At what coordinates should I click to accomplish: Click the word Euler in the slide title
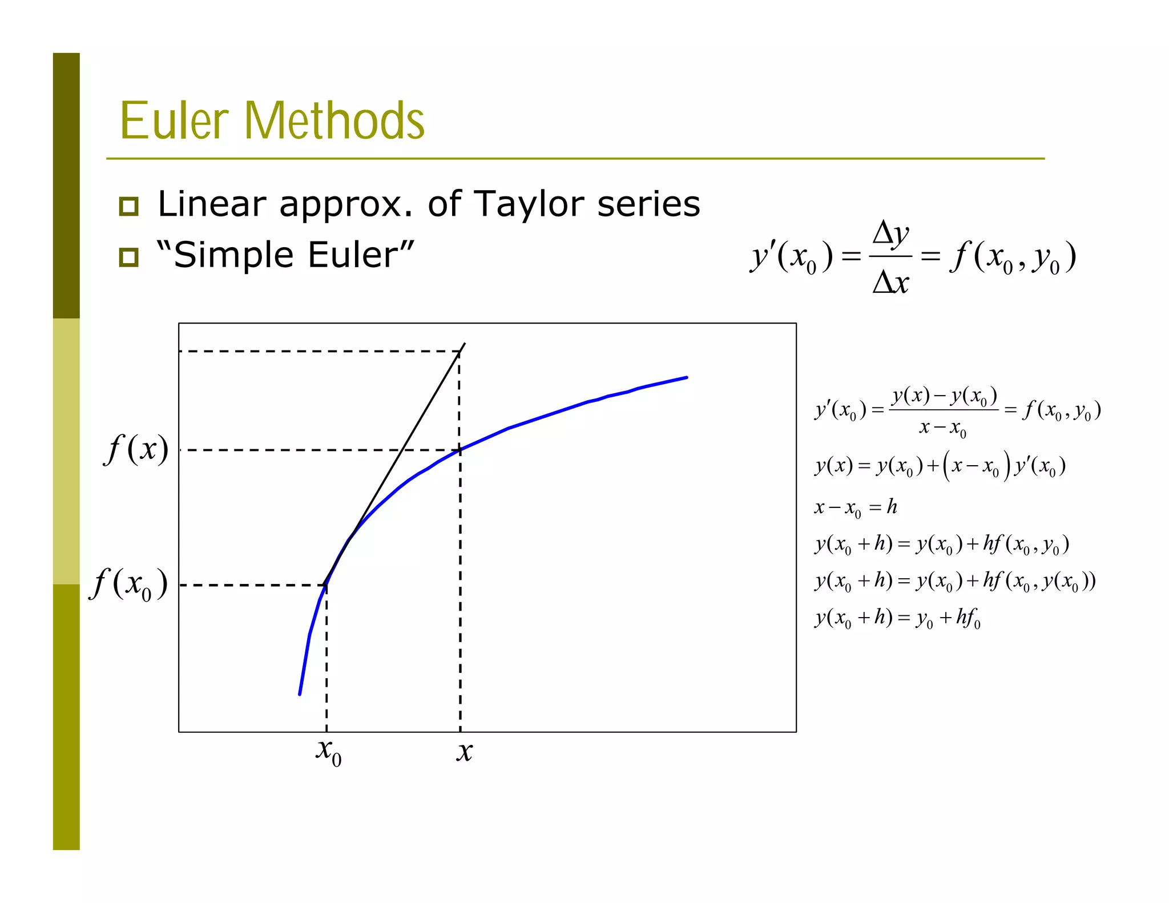click(x=174, y=120)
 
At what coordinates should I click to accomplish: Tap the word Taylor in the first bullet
click(x=530, y=204)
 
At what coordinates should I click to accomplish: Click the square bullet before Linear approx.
click(x=129, y=206)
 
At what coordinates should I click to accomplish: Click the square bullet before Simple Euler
click(x=129, y=257)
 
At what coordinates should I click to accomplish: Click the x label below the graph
click(x=464, y=751)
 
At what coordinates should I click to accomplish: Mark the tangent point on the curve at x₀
click(x=326, y=584)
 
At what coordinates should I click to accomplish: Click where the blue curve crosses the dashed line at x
click(x=460, y=450)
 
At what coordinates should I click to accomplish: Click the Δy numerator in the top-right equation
click(x=890, y=234)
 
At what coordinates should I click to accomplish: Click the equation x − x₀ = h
click(x=855, y=507)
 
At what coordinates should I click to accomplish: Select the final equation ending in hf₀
click(x=897, y=618)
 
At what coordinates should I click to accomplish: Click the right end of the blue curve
click(x=686, y=377)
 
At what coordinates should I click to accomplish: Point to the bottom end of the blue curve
click(x=300, y=694)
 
